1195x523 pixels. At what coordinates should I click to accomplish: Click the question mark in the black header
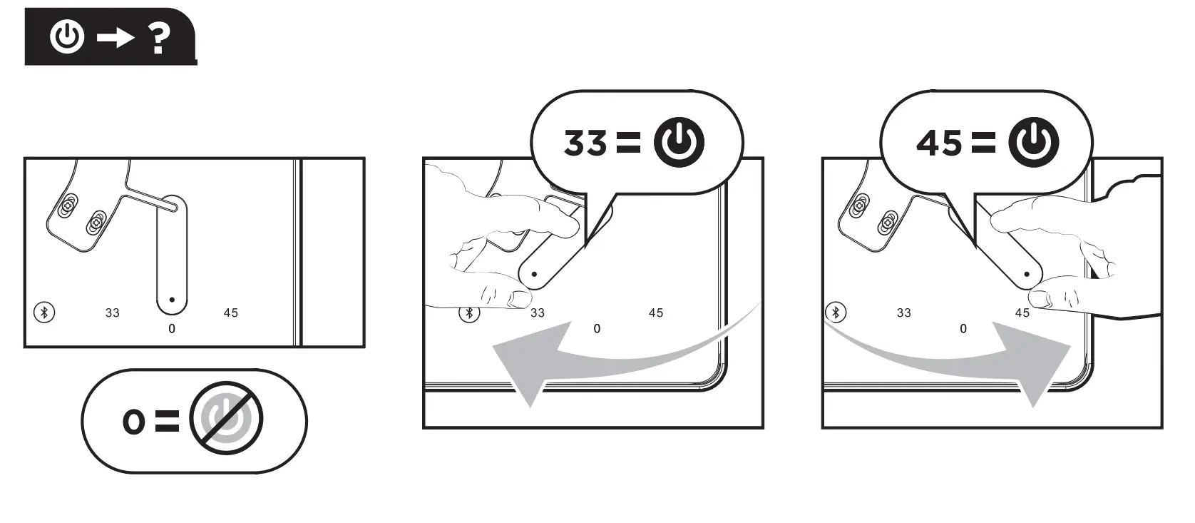(160, 37)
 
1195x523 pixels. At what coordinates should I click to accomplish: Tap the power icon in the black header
(67, 36)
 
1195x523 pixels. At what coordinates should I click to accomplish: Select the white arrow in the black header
(115, 37)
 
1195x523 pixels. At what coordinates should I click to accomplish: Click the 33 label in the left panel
(112, 313)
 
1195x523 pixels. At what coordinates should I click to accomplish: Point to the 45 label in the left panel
(230, 313)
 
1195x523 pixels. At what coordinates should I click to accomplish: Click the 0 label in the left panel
(172, 328)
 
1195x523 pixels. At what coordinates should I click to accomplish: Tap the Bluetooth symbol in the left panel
(44, 312)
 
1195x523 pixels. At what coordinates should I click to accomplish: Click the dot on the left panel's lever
(172, 300)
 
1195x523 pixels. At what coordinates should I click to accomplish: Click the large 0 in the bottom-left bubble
(133, 422)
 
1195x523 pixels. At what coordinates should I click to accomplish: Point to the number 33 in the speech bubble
(585, 143)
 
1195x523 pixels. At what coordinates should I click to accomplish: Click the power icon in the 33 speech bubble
(679, 142)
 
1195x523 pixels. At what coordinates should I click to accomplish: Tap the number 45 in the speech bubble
(939, 143)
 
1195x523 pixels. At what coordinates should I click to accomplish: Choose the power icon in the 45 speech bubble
(1033, 142)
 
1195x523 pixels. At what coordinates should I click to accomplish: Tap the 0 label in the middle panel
(597, 328)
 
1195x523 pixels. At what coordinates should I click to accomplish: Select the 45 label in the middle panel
(656, 313)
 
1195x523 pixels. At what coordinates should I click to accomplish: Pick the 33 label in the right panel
(903, 313)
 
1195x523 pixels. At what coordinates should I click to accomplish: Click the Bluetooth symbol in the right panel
(836, 312)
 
